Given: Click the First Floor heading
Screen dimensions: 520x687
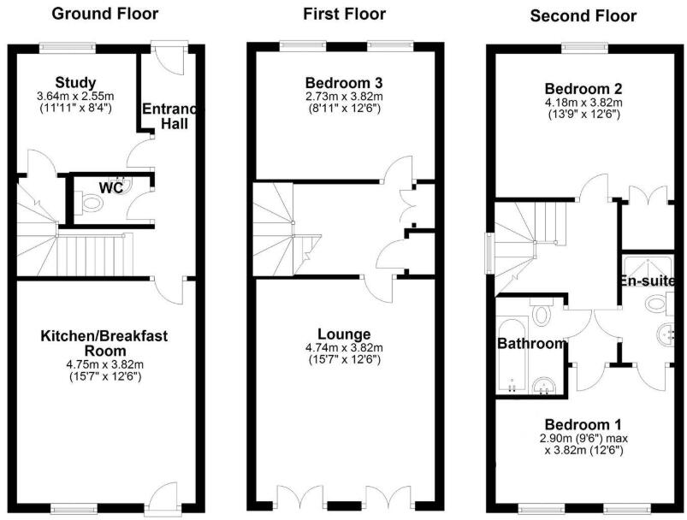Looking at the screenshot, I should click(x=344, y=14).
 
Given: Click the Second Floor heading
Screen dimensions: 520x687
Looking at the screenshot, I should click(x=583, y=15).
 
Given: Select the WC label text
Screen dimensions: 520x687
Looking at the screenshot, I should click(x=108, y=186).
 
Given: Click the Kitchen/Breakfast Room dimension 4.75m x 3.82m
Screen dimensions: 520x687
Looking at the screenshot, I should click(x=104, y=363).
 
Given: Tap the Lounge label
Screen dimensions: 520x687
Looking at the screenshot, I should click(x=343, y=334).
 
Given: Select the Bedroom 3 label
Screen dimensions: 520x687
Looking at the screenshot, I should click(x=343, y=82).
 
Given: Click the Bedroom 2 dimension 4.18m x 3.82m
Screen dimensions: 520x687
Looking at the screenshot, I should click(x=583, y=101).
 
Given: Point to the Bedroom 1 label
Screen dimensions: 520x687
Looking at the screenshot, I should click(x=583, y=424).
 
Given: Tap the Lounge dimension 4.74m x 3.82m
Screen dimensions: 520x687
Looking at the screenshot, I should click(x=343, y=347).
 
